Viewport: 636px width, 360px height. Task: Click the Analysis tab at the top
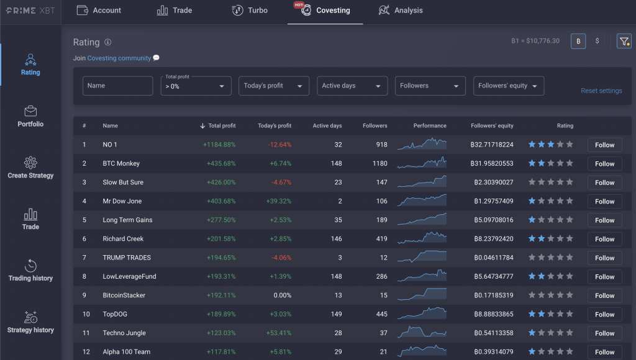pos(401,11)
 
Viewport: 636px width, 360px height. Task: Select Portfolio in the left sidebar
pos(30,117)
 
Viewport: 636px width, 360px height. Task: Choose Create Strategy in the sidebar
pos(30,168)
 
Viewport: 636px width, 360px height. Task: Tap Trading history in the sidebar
pos(30,271)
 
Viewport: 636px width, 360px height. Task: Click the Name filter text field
pos(117,86)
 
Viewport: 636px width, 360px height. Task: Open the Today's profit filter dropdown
pos(274,86)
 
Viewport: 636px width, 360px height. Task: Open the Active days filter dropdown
pos(352,86)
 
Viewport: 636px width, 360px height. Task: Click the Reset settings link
pos(601,91)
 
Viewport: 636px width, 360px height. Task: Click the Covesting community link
pos(119,58)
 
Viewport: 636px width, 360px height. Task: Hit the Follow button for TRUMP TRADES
pos(604,258)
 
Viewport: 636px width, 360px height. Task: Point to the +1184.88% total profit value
pos(219,145)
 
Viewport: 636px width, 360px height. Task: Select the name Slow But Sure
pos(123,182)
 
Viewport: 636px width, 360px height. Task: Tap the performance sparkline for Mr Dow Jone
pos(422,201)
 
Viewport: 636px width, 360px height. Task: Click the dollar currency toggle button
pos(597,41)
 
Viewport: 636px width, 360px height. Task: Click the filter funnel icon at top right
pos(624,41)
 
